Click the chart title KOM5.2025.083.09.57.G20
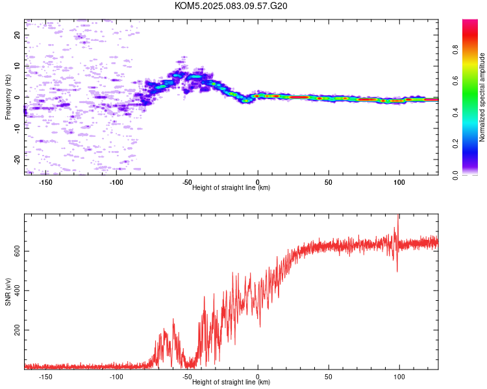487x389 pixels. point(231,6)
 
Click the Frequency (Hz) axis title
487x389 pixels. point(8,97)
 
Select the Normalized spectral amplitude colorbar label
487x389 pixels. point(482,97)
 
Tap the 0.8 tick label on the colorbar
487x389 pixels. point(455,50)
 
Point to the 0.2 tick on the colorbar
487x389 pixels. point(455,144)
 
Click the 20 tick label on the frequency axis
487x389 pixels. point(17,35)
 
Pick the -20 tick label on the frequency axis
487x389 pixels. point(17,159)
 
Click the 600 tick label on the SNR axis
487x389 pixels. point(17,251)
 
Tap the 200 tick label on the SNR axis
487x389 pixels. point(17,330)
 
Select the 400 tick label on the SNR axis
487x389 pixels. point(17,290)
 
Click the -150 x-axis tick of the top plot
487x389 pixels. point(45,182)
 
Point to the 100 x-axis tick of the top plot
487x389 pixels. point(399,182)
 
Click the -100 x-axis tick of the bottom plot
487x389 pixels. point(116,377)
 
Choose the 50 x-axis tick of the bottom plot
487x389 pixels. point(329,377)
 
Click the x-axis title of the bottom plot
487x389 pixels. point(231,382)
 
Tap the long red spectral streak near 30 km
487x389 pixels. point(299,97)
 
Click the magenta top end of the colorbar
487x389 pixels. point(470,21)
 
